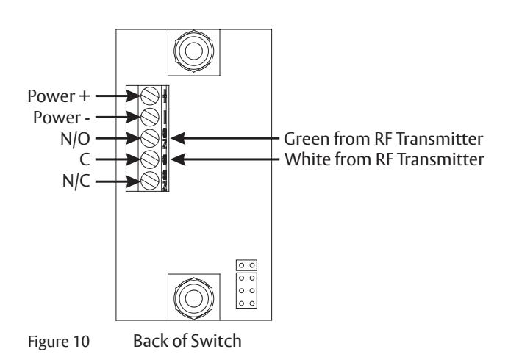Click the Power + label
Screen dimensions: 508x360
58,96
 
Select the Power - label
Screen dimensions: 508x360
62,118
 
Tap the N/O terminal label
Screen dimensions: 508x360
75,139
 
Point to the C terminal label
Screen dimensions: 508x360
85,159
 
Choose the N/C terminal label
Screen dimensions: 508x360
76,181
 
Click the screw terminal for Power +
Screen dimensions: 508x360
150,96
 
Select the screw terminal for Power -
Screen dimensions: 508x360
150,117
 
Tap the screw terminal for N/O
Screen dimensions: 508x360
150,138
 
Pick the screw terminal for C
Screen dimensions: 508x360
150,159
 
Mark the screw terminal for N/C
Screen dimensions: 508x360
150,180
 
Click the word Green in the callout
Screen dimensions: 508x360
307,139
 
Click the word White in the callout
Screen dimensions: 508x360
307,159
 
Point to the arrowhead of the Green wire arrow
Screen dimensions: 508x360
178,138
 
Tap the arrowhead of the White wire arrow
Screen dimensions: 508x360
178,159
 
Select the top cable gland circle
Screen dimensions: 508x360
194,51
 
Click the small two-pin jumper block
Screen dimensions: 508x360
246,265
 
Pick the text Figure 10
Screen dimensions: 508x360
59,342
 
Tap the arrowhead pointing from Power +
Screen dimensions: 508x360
134,96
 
